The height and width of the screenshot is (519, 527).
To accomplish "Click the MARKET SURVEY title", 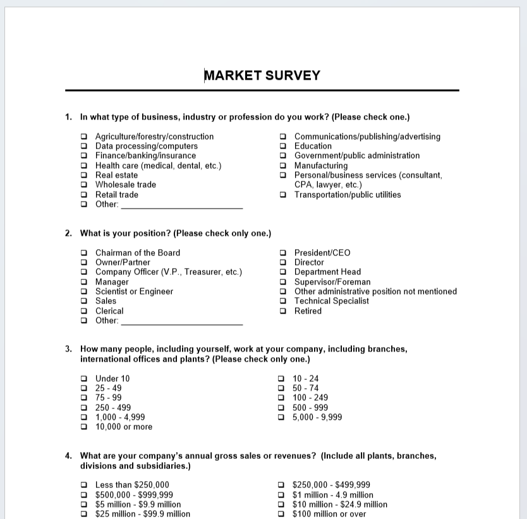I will (262, 76).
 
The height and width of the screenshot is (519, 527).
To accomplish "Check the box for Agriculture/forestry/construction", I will (84, 137).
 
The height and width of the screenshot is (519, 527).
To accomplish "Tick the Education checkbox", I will (283, 146).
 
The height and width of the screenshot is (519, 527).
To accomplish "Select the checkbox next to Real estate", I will (84, 175).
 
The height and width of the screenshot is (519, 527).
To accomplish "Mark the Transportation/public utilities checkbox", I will (283, 195).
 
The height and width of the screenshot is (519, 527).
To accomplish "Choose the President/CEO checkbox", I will (283, 253).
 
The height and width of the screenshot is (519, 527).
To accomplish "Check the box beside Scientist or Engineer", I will (84, 291).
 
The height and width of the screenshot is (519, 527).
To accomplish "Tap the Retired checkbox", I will (283, 311).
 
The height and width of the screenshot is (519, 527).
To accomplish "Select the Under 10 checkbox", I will (84, 379).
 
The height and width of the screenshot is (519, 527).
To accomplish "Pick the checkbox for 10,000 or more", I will (84, 427).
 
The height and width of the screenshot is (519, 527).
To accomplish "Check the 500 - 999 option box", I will (282, 408).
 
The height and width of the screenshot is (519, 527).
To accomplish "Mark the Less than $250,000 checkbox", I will (84, 485).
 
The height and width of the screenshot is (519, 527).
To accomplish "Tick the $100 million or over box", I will (282, 514).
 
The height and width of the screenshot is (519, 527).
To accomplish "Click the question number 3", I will (68, 349).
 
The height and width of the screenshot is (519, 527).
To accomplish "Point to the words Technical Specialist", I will (332, 301).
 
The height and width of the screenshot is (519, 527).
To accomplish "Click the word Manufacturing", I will (321, 166).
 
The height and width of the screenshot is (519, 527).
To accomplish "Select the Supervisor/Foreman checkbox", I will (283, 282).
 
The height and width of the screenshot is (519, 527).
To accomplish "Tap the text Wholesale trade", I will (125, 185).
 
